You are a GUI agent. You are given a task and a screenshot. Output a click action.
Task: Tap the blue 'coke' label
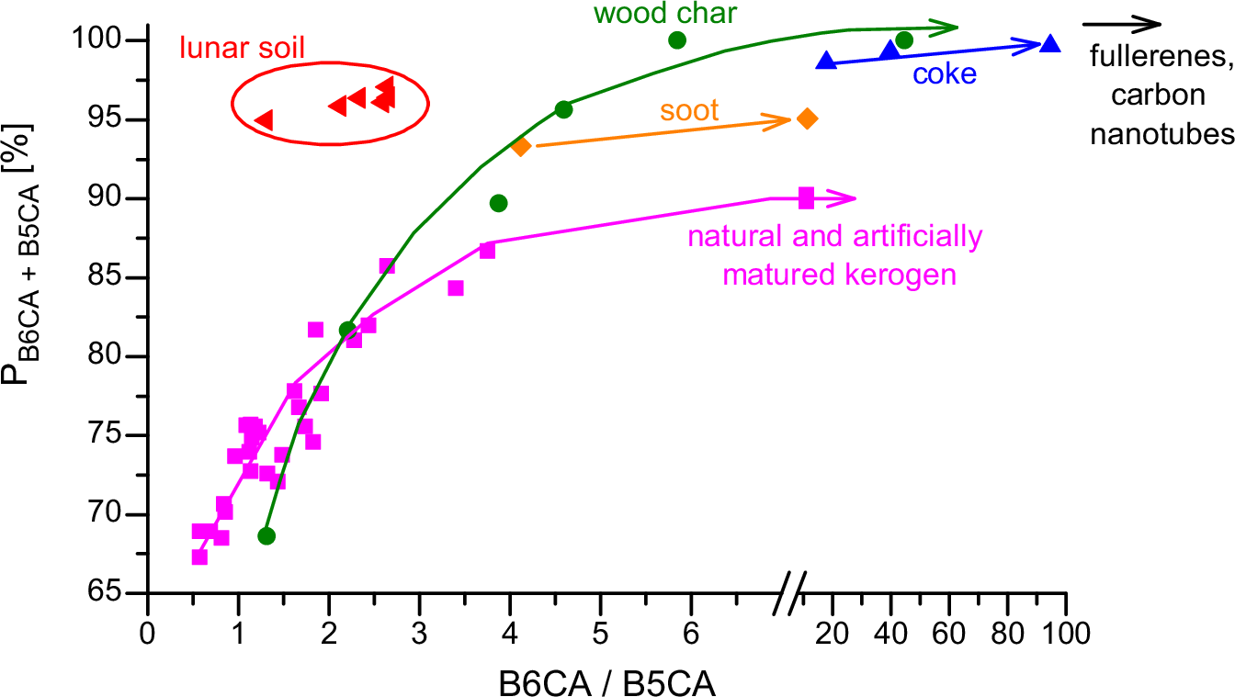click(945, 73)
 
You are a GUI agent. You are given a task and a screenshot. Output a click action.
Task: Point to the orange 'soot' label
click(688, 112)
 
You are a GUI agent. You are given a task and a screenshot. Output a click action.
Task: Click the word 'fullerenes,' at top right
click(1159, 58)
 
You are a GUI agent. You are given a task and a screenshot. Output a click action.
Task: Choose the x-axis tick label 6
click(691, 633)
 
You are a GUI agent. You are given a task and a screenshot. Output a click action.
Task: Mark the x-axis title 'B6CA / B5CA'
click(606, 680)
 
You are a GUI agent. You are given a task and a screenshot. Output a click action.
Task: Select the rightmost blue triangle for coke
click(1050, 43)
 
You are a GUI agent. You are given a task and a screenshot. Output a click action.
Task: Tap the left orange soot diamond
click(521, 146)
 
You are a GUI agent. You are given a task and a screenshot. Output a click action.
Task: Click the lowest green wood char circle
click(266, 536)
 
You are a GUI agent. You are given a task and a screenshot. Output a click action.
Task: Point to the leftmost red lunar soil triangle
click(263, 119)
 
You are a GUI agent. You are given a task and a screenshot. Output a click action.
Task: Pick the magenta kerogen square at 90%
click(806, 197)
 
